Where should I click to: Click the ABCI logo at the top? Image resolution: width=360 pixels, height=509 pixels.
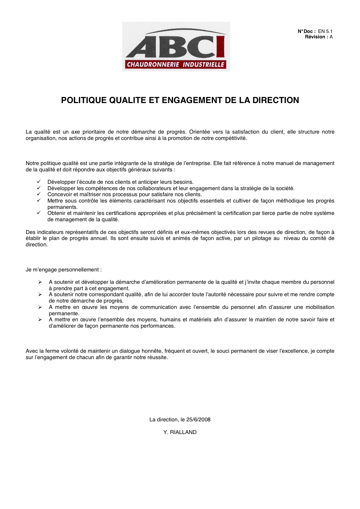pyautogui.click(x=176, y=46)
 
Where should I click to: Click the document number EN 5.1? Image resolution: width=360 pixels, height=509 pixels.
pyautogui.click(x=325, y=31)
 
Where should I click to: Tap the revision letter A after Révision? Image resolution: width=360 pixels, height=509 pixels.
pyautogui.click(x=331, y=37)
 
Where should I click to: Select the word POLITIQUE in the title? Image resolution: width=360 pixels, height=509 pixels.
pyautogui.click(x=84, y=100)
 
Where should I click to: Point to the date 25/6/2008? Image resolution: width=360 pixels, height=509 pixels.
pyautogui.click(x=198, y=420)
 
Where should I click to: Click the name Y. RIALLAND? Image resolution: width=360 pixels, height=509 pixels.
pyautogui.click(x=180, y=432)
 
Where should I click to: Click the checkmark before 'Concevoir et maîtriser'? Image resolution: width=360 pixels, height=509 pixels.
pyautogui.click(x=39, y=194)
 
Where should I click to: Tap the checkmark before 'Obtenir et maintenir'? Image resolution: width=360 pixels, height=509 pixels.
pyautogui.click(x=39, y=213)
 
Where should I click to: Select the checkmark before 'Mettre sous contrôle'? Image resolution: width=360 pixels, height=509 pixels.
pyautogui.click(x=39, y=200)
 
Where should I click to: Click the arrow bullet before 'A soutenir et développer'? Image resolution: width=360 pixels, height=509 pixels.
pyautogui.click(x=40, y=282)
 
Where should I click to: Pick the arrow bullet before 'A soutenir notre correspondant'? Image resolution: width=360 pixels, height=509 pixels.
pyautogui.click(x=40, y=294)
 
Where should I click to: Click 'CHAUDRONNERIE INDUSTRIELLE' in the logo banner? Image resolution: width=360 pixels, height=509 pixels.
pyautogui.click(x=175, y=64)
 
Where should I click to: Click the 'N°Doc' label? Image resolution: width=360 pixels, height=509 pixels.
pyautogui.click(x=306, y=31)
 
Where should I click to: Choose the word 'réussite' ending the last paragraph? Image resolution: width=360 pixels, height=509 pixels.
pyautogui.click(x=158, y=357)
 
